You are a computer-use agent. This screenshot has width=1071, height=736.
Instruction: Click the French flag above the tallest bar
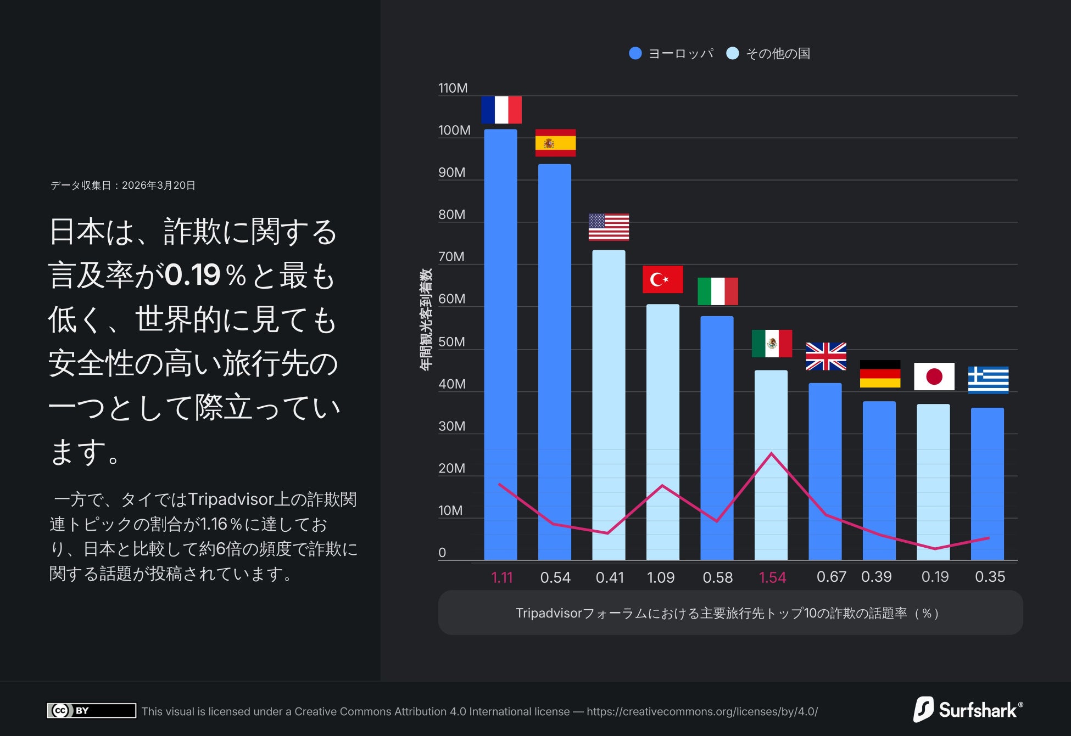(501, 110)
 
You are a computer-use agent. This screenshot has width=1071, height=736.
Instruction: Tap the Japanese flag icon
(934, 377)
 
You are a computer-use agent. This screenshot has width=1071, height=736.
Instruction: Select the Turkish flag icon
(662, 279)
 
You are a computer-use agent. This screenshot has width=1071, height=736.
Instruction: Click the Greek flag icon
(988, 380)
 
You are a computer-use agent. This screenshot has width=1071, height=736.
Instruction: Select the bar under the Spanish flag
(554, 362)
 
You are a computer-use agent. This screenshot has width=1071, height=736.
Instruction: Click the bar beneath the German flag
(879, 480)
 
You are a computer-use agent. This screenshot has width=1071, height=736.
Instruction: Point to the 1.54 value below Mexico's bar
(772, 577)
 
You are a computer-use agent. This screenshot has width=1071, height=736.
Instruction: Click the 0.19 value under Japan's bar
(935, 577)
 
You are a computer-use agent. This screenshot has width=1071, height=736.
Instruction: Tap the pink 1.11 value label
(501, 577)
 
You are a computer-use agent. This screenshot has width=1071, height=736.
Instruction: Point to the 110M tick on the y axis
(453, 88)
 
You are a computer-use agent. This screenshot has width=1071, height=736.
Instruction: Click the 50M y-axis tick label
(451, 342)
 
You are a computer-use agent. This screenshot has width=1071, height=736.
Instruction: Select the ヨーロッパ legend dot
(635, 53)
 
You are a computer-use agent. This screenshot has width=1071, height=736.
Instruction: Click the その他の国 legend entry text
(778, 53)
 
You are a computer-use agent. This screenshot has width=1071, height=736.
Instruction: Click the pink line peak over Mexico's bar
(771, 453)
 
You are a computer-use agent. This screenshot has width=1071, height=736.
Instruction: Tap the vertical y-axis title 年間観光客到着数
(426, 319)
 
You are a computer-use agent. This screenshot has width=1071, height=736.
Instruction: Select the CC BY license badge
(91, 710)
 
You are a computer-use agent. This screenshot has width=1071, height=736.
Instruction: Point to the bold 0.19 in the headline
(193, 275)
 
